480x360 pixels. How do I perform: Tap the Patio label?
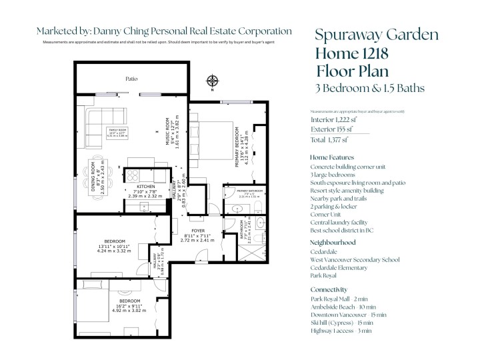point(132,79)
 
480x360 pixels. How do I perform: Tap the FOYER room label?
point(197,229)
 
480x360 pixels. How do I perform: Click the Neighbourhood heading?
point(337,242)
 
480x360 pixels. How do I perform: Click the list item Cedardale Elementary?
point(339,267)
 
